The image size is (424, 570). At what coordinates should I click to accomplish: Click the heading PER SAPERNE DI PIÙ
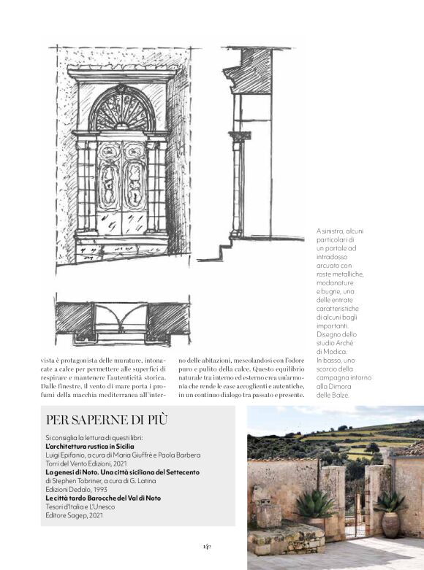[107, 420]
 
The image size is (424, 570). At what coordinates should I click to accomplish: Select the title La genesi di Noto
[71, 472]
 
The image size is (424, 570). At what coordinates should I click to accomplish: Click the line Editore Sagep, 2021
[77, 516]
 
